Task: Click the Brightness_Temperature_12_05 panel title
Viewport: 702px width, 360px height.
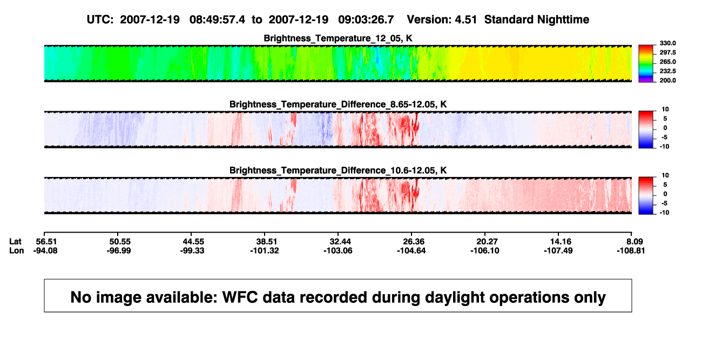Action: [x=338, y=38]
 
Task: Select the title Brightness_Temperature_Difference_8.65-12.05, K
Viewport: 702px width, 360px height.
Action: [x=338, y=104]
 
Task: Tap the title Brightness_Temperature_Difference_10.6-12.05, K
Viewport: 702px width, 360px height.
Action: [x=338, y=171]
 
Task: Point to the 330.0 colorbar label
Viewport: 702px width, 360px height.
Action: [x=667, y=43]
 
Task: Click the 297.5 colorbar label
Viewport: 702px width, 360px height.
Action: [x=667, y=53]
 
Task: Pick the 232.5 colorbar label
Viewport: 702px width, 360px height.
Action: [x=667, y=71]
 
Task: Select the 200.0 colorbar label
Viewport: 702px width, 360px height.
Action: [x=667, y=80]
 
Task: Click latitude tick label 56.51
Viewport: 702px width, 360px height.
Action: [x=46, y=242]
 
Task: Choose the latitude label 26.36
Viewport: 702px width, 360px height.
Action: [x=414, y=242]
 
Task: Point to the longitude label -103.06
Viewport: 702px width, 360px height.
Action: [x=338, y=250]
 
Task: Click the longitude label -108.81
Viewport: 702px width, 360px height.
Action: [x=631, y=250]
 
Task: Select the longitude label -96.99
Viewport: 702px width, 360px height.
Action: [x=118, y=250]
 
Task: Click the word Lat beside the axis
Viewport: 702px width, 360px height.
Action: [x=15, y=242]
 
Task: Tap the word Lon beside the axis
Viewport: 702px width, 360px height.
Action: [x=16, y=250]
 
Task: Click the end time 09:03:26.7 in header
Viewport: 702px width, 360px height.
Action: [x=366, y=20]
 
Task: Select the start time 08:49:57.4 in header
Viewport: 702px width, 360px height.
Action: [x=217, y=20]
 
